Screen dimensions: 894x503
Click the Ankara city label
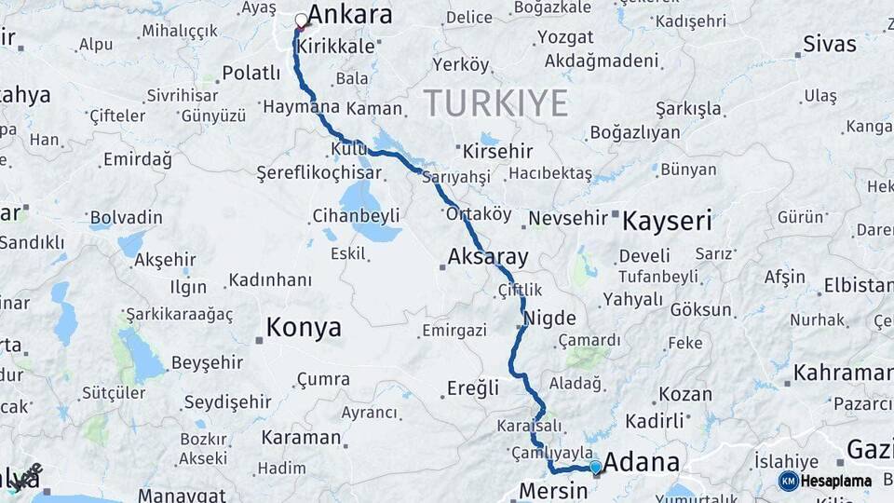pos(349,16)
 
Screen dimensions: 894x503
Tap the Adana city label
pos(642,463)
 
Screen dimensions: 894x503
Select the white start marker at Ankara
pos(301,20)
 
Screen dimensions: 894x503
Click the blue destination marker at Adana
pos(596,467)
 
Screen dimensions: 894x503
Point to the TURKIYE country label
pos(495,102)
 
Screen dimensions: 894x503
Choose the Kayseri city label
pos(667,222)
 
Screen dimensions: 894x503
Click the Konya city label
pos(304,328)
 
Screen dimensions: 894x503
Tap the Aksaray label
pos(488,256)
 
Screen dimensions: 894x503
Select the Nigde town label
pos(550,319)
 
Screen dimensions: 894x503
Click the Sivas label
pos(829,44)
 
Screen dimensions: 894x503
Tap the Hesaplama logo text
pos(836,482)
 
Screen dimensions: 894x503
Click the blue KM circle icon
pos(789,481)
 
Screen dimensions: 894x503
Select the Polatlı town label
pos(251,73)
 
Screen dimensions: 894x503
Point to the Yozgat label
pos(564,38)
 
